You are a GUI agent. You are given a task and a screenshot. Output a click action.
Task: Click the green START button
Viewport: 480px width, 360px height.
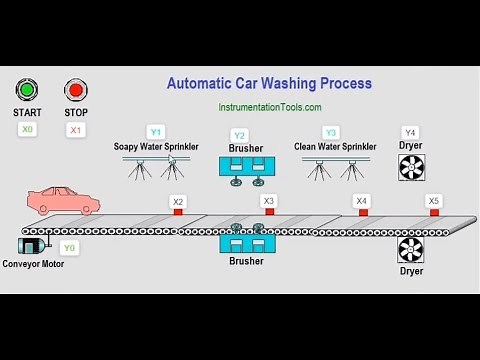[x=27, y=91]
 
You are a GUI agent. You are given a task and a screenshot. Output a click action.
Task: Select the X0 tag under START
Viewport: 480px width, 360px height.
[x=27, y=129]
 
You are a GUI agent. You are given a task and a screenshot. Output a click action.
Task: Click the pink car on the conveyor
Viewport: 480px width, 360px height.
[x=63, y=201]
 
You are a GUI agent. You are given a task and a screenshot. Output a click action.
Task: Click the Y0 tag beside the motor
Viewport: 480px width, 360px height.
[x=69, y=247]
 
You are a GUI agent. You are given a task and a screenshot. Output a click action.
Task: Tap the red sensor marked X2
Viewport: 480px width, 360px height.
[x=178, y=212]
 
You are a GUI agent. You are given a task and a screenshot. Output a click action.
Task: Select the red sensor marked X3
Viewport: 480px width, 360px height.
[x=268, y=212]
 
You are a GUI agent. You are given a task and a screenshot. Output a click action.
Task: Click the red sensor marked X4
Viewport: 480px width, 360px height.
[x=361, y=212]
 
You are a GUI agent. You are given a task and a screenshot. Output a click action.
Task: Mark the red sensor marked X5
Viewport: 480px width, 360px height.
[x=433, y=212]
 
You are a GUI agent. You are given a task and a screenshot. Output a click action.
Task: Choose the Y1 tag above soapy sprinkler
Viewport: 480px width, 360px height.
[x=155, y=132]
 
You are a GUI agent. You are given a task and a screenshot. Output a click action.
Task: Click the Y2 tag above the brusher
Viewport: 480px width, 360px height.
[x=239, y=135]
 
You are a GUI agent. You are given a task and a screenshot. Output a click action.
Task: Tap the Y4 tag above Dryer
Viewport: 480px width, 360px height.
[x=410, y=132]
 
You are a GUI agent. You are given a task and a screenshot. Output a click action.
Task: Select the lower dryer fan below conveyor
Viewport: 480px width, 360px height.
[x=411, y=250]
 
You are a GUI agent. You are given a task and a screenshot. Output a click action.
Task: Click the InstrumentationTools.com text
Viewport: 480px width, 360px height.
[x=269, y=107]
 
